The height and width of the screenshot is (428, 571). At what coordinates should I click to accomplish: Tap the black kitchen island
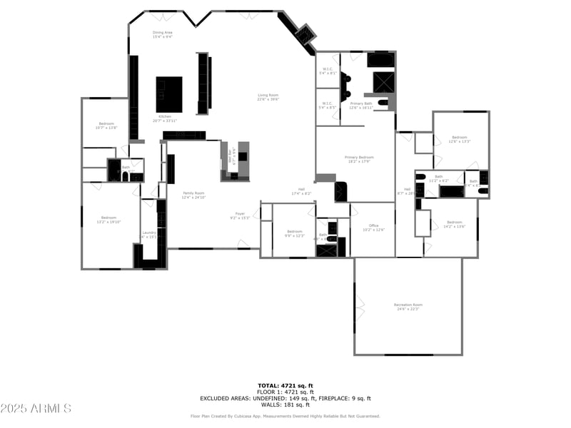169,94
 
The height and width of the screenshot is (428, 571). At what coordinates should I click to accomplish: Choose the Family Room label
193,195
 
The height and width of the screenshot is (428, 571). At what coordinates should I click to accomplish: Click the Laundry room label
149,234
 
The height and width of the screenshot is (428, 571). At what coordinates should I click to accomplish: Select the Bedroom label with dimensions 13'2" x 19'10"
108,219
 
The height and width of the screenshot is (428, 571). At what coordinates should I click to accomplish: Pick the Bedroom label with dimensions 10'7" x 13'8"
105,126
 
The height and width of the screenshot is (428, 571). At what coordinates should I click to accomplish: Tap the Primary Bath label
361,105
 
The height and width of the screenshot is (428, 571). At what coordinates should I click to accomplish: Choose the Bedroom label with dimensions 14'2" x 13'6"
454,224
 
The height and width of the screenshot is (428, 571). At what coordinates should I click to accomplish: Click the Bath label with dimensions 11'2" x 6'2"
439,178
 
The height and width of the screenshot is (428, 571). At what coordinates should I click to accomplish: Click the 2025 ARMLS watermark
36,409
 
